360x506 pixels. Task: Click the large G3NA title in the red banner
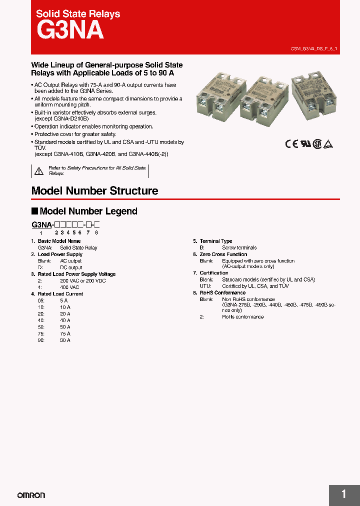[70, 30]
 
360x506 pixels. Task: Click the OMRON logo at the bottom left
[31, 495]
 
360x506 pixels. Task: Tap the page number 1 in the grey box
[343, 494]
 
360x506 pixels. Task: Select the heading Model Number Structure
[94, 191]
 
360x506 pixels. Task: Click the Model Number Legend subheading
[88, 211]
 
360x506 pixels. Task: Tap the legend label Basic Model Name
[59, 241]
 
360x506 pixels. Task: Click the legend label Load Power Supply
[60, 254]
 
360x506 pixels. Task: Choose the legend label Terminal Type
[216, 241]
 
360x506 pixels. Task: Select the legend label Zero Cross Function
[223, 254]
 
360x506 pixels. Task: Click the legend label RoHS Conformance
[222, 293]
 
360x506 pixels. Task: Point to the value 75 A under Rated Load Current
[65, 333]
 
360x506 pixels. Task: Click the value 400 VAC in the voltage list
[69, 287]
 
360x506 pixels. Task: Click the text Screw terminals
[239, 248]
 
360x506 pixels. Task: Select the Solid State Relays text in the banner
[78, 14]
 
